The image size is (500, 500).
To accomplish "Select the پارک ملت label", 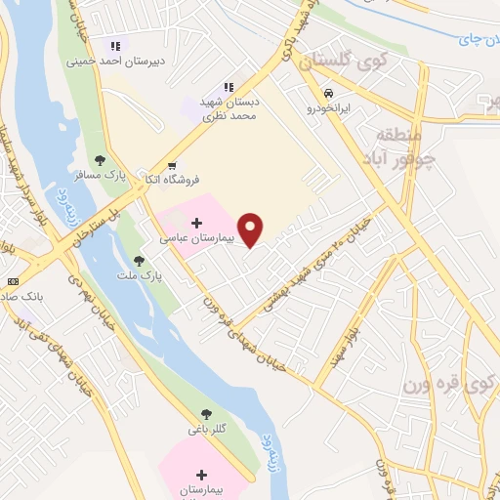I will tap(142, 276).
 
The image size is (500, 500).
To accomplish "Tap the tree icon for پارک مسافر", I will tap(99, 159).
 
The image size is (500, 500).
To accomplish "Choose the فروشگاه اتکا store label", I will tap(171, 180).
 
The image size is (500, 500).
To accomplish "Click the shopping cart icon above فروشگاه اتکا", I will tap(172, 165).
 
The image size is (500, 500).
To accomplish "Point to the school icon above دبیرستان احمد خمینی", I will tap(115, 45).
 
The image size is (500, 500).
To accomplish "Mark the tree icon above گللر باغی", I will tap(206, 414).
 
